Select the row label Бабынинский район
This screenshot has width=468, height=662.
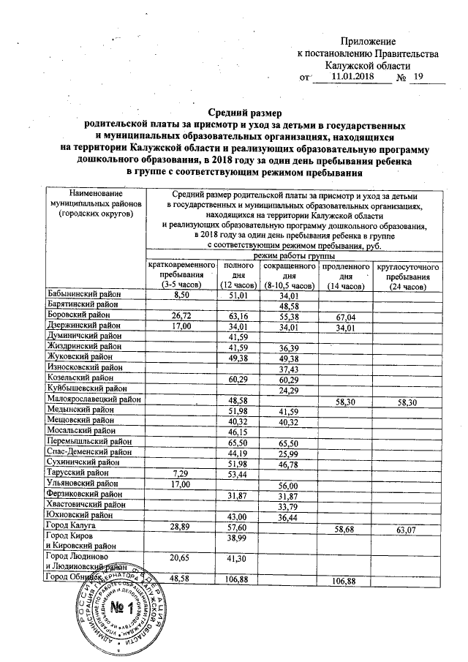coord(82,294)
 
